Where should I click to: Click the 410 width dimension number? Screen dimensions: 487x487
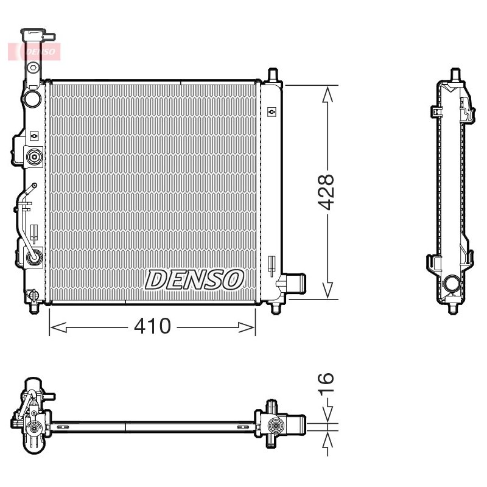(152, 326)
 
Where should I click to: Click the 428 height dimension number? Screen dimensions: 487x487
(326, 192)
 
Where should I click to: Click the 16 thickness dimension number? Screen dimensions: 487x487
(326, 383)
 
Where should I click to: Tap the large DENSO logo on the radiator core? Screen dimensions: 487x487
(194, 279)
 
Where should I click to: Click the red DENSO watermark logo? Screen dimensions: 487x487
(34, 52)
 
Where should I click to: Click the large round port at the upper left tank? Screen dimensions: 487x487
(33, 99)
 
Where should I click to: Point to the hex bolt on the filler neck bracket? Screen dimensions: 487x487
(33, 67)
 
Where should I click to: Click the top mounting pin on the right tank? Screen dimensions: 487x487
(272, 75)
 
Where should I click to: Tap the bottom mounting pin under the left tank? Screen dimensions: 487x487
(34, 308)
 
